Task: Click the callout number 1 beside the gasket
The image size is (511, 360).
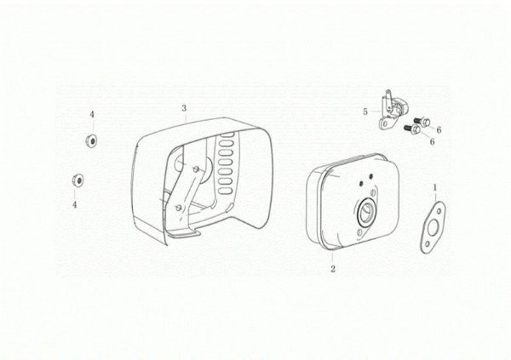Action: coord(434,187)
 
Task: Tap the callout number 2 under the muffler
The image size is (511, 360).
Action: coord(333,269)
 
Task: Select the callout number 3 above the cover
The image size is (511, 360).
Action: coord(184,108)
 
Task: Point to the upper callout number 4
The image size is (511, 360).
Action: coord(92,114)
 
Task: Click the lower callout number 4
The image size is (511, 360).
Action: coord(74,205)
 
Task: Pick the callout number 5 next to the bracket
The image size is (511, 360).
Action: coord(365,111)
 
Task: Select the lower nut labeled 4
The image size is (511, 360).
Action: coord(78,180)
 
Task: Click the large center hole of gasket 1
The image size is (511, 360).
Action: coord(433,226)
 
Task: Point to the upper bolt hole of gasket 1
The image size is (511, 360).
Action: coord(439,211)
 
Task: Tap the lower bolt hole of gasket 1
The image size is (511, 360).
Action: coord(428,243)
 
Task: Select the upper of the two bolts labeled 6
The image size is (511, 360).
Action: coord(422,122)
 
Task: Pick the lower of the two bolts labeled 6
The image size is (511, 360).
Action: coord(412,129)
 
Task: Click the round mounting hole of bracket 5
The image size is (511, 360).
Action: coord(385,124)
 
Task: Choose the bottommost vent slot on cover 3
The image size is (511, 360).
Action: coord(223,191)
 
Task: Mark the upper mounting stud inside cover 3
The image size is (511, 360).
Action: coord(196,169)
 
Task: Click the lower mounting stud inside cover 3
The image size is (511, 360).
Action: coord(178,207)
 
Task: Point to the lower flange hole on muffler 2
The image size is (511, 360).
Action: coord(359,232)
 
